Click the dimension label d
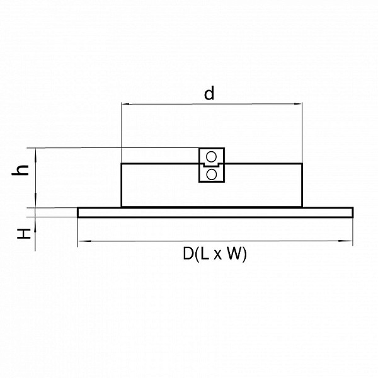click(209, 93)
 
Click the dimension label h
click(21, 171)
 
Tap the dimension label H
click(24, 234)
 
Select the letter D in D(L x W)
click(188, 253)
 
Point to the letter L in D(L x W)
click(204, 253)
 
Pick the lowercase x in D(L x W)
click(217, 255)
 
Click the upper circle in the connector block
click(212, 157)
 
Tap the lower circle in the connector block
click(212, 175)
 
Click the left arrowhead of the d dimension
click(125, 104)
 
